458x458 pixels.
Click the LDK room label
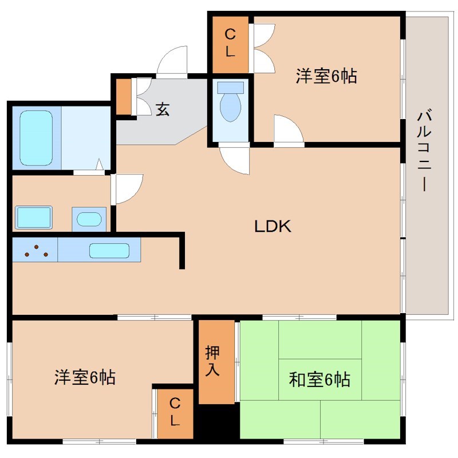pos(273,226)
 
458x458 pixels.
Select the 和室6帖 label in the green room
pos(319,379)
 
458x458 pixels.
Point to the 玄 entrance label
pos(163,109)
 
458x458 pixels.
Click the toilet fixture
pos(231,102)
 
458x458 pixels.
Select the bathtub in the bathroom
pos(37,137)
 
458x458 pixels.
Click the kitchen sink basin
pos(109,250)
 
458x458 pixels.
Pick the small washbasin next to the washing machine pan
pos(89,219)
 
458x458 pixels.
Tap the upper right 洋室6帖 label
pos(326,76)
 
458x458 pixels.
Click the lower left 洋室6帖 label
pos(85,377)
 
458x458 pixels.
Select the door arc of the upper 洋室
pos(288,129)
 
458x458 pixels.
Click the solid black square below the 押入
pos(218,421)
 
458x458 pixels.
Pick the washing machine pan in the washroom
pos(34,218)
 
